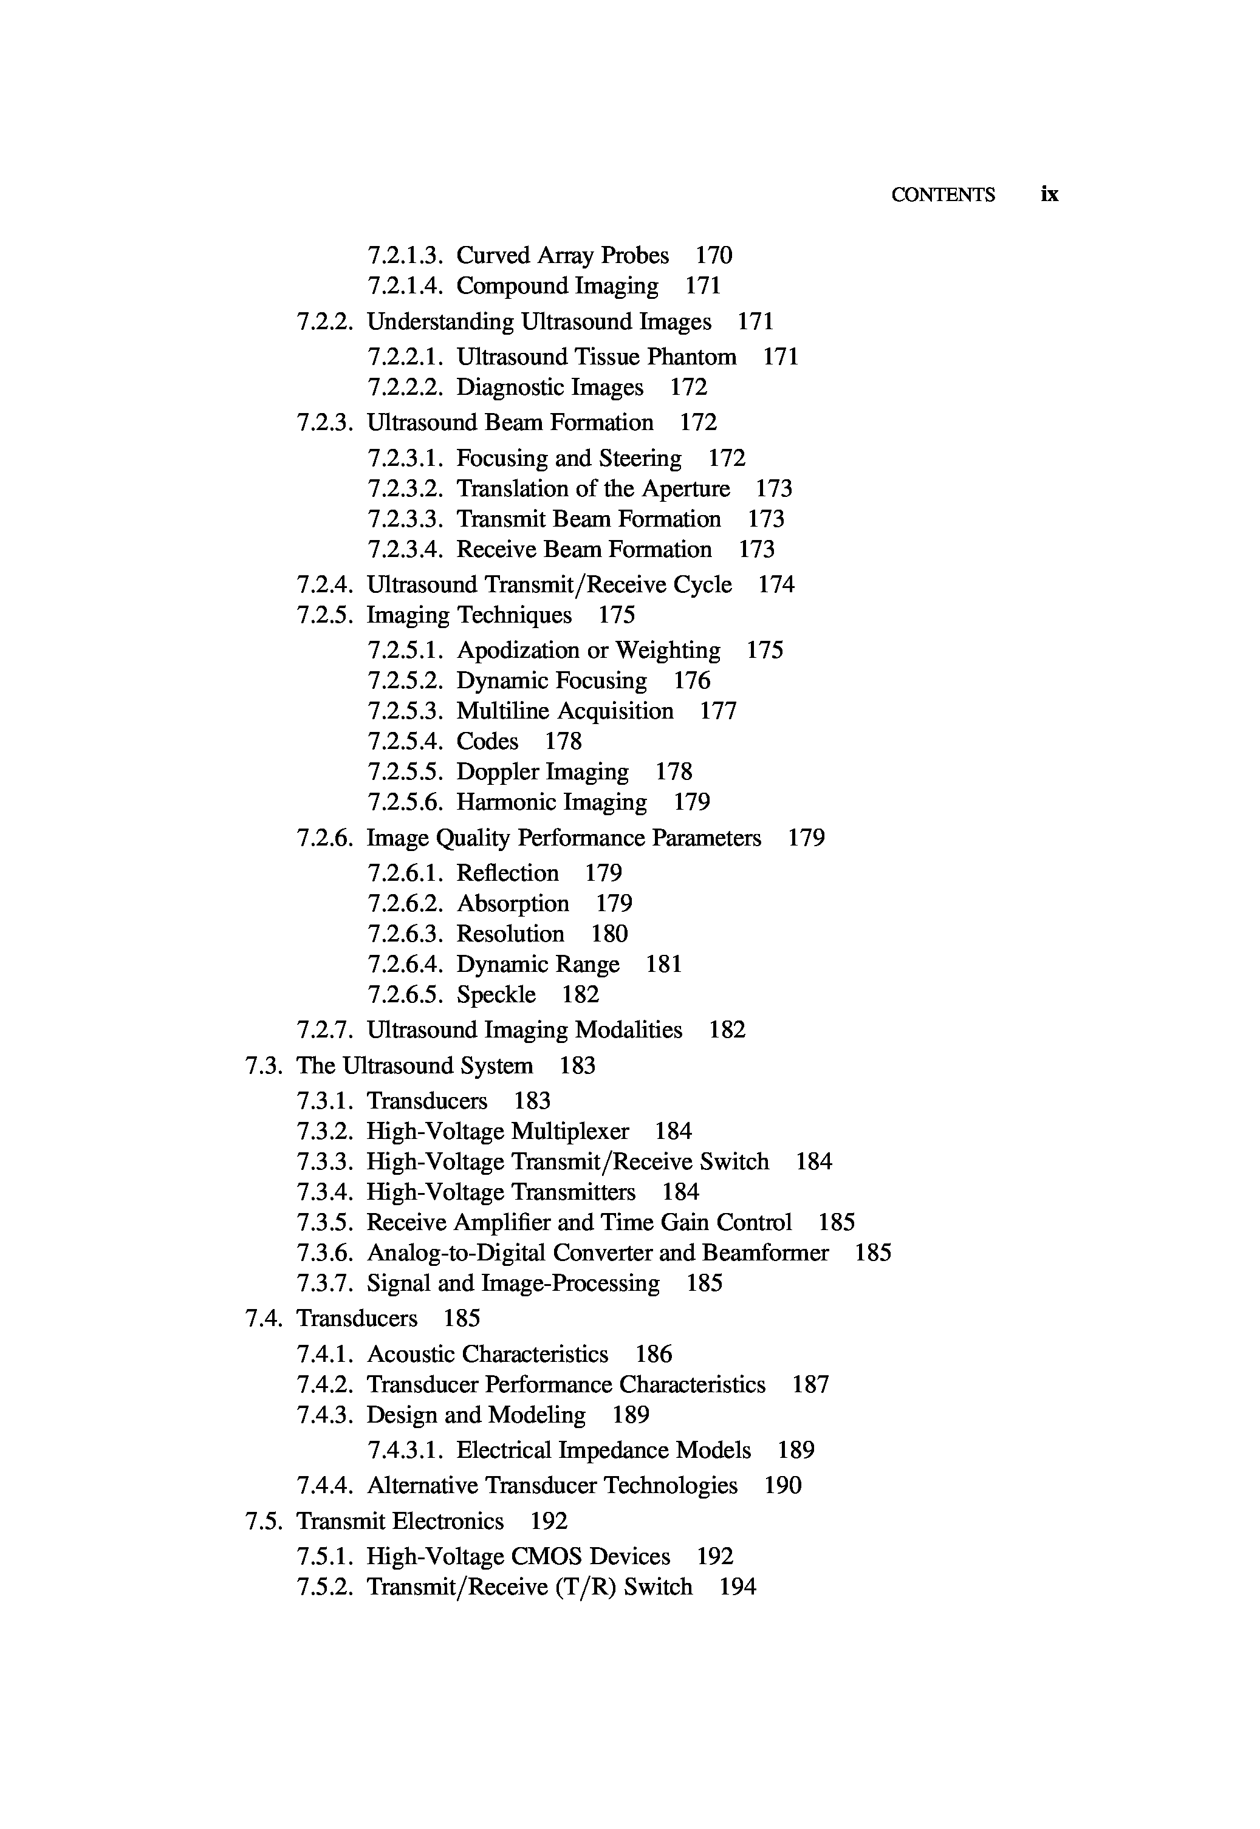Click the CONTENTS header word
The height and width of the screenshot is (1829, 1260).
point(943,195)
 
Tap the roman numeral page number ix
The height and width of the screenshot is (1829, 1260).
point(1049,194)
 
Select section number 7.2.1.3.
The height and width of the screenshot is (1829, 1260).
point(404,256)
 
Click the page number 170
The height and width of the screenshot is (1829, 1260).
point(714,256)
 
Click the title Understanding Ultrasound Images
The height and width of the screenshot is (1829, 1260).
point(539,322)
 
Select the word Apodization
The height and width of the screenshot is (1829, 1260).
point(518,651)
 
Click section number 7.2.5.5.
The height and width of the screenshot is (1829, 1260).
point(404,772)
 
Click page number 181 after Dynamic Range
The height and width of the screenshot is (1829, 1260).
point(663,965)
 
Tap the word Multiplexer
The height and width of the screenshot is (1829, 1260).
point(570,1132)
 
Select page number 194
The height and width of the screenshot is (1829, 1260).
point(738,1587)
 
